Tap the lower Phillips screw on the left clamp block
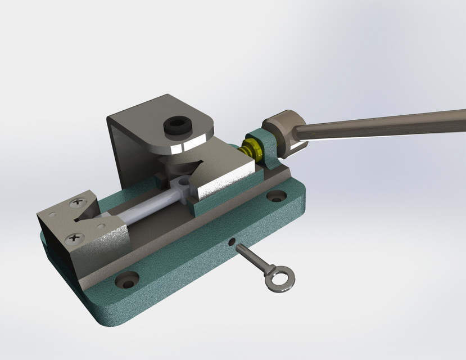(74, 240)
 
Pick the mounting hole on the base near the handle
(275, 197)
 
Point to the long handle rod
(382, 124)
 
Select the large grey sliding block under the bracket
(225, 174)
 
